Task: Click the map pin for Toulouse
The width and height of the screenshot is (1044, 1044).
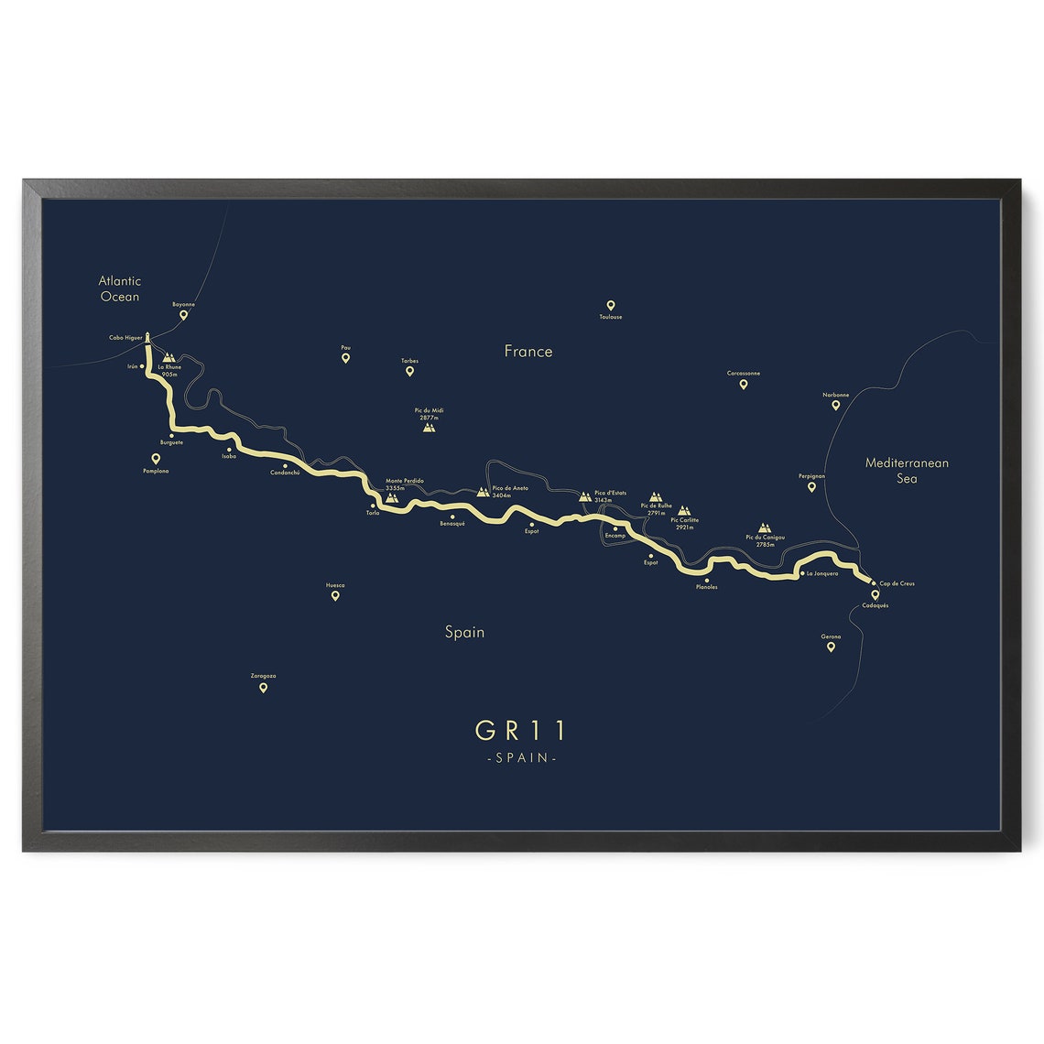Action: (610, 306)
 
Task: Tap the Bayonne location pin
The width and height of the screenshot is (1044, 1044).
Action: (183, 315)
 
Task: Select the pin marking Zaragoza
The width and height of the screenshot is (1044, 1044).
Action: (263, 688)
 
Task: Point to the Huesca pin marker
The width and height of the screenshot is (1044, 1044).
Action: (335, 595)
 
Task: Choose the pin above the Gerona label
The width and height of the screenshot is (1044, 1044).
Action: (831, 647)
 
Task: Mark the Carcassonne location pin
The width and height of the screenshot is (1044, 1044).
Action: (743, 384)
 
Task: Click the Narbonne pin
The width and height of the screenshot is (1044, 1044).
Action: (835, 405)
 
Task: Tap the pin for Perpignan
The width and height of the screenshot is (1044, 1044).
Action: (811, 487)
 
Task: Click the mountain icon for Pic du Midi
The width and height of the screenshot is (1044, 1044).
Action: (430, 426)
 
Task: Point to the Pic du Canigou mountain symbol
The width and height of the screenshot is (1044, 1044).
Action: (765, 528)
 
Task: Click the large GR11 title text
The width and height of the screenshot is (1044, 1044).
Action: (521, 730)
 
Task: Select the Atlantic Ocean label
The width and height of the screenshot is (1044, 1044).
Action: (120, 288)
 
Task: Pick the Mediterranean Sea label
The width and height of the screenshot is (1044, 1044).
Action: (907, 470)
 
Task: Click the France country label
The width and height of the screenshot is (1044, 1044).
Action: (528, 351)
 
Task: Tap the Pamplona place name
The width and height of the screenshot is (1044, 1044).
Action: (156, 472)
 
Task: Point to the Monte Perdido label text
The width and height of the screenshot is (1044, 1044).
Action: (404, 481)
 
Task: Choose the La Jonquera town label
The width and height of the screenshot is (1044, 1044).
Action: (821, 574)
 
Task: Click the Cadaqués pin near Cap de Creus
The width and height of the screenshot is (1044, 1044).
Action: (875, 595)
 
